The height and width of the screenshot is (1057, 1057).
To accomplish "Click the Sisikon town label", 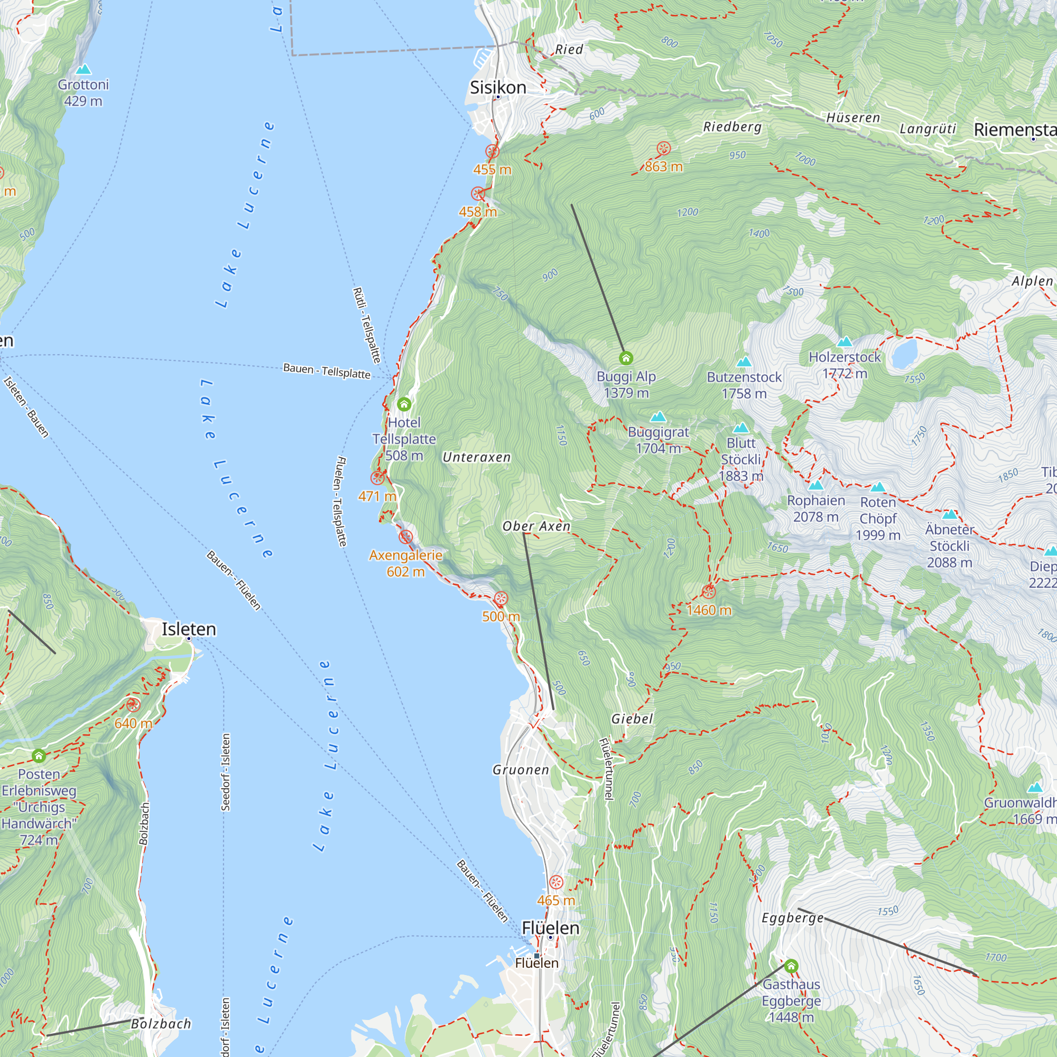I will pos(498,88).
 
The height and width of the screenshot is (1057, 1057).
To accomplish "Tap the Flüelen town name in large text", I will pos(550,928).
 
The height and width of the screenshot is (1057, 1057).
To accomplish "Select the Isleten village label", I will pos(189,629).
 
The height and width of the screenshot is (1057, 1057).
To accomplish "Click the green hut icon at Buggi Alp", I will pos(626,358).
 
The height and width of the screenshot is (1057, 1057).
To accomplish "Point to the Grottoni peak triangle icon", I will pos(83,69).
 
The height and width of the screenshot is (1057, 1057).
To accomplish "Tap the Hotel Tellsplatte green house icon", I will pos(404,404).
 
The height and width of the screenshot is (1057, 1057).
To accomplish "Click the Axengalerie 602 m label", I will pos(405,563).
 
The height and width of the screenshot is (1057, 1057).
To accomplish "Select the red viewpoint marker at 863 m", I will pos(663,149).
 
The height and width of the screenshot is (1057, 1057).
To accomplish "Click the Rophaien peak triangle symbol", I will pos(815,485).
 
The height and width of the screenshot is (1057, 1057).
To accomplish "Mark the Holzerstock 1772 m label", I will pos(844,365).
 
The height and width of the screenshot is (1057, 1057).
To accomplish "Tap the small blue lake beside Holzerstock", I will pos(904,354).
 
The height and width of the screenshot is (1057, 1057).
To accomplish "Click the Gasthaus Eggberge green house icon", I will pos(791,966).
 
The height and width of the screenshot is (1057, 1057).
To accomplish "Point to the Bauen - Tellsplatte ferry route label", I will pos(327,371).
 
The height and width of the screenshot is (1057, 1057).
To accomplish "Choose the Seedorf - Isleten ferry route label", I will pos(226,772).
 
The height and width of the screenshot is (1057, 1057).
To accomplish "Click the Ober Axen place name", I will pos(536,526).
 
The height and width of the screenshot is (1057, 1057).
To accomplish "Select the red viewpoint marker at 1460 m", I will pos(709,591).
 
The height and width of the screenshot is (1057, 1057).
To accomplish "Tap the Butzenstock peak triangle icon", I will pos(744,361).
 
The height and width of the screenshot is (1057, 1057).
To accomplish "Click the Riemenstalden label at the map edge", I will pos(1014,129).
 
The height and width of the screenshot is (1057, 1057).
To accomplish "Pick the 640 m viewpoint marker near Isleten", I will pos(133,704).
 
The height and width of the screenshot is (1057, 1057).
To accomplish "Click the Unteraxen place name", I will pos(476,457).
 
